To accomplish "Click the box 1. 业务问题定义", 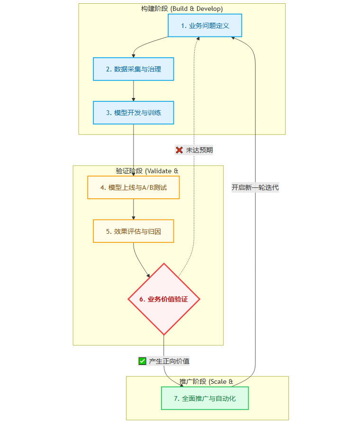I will click(205, 26).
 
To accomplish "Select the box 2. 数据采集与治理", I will click(133, 69).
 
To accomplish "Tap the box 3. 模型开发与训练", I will click(133, 113).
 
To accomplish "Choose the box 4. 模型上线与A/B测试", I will click(133, 187).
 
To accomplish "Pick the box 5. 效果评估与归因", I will click(133, 231).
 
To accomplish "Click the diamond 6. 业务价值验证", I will click(164, 299).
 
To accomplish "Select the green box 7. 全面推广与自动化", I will click(205, 398).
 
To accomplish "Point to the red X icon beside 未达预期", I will click(179, 150).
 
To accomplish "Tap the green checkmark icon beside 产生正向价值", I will click(142, 361).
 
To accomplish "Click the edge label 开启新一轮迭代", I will click(255, 187).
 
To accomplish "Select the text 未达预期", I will click(199, 150).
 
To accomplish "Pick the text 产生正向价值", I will click(169, 361).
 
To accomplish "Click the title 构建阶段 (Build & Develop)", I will click(182, 9).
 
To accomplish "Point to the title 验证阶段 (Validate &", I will click(147, 171).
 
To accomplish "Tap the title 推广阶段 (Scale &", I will click(207, 381).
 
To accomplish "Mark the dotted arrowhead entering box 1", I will click(198, 39).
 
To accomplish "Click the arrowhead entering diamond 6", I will click(148, 275).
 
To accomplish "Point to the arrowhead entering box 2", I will click(133, 55).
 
